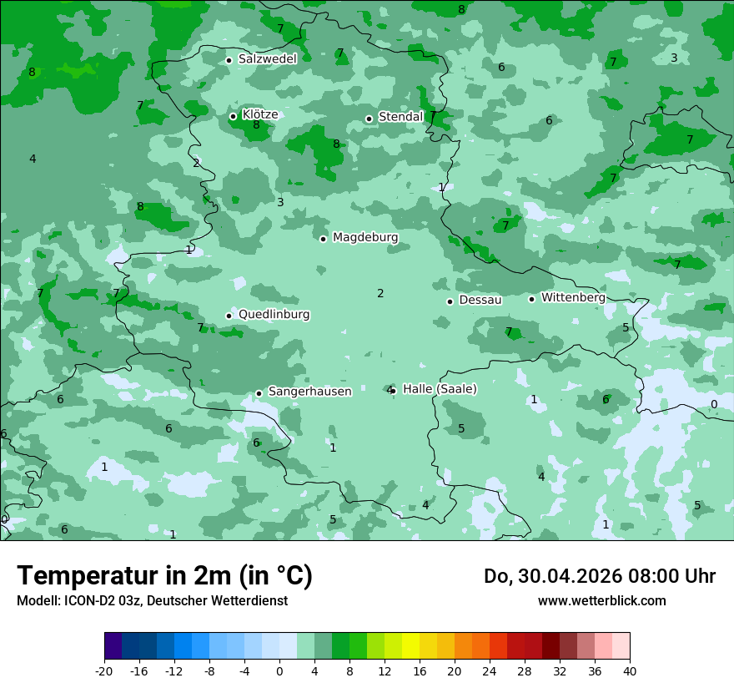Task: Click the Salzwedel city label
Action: click(267, 59)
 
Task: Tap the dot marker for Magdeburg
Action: click(323, 239)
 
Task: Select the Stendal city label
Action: click(400, 117)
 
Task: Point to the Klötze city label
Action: click(259, 114)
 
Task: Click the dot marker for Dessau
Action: click(450, 301)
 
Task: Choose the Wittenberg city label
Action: click(572, 297)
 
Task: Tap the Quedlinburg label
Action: click(274, 315)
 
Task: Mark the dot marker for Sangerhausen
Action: click(259, 393)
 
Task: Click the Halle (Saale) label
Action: click(440, 389)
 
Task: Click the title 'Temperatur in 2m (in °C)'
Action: click(164, 575)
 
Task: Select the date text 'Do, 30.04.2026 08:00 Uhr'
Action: click(599, 576)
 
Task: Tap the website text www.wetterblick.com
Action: click(601, 600)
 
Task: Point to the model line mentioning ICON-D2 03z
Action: click(152, 600)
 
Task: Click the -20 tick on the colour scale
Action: click(104, 670)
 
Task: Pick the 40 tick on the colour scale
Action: click(629, 670)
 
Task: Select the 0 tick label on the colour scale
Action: click(279, 670)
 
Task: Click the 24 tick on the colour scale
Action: click(490, 670)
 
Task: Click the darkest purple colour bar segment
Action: click(113, 646)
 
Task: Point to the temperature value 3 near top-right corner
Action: click(674, 58)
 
